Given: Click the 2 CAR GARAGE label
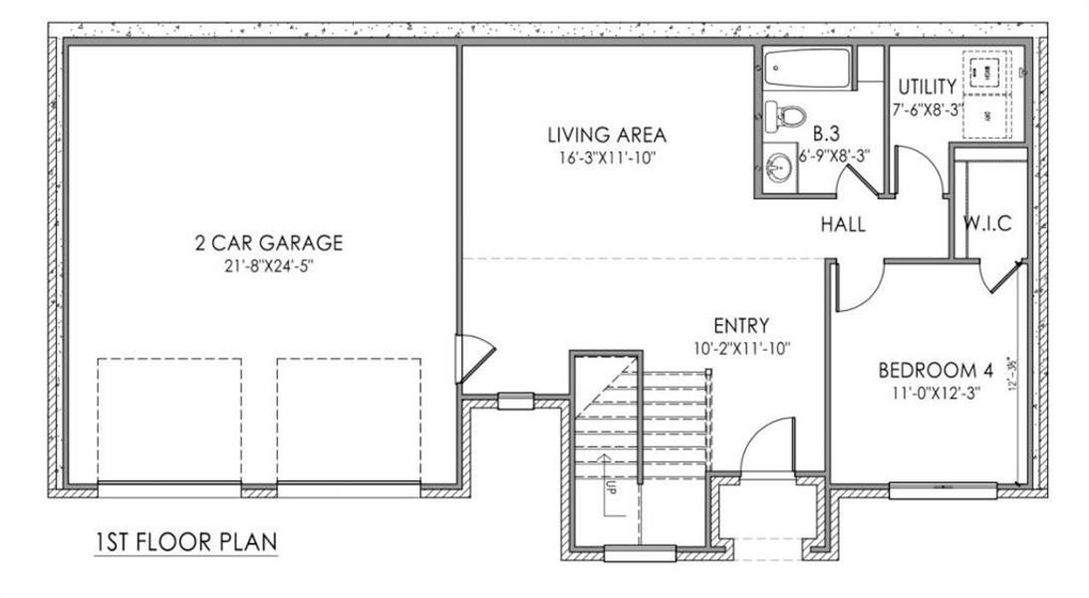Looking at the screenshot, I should pyautogui.click(x=268, y=242).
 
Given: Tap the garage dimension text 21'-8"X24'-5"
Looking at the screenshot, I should pyautogui.click(x=268, y=266).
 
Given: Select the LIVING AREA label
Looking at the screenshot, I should pyautogui.click(x=606, y=136).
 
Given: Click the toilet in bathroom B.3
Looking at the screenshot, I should pyautogui.click(x=784, y=116).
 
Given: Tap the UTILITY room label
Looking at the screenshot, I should pyautogui.click(x=927, y=87).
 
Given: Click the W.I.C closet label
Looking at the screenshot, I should pyautogui.click(x=986, y=224).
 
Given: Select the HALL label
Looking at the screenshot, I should pyautogui.click(x=843, y=225).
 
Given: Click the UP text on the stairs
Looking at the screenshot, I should pyautogui.click(x=609, y=487).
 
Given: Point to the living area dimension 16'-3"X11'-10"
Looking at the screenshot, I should pyautogui.click(x=606, y=158).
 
